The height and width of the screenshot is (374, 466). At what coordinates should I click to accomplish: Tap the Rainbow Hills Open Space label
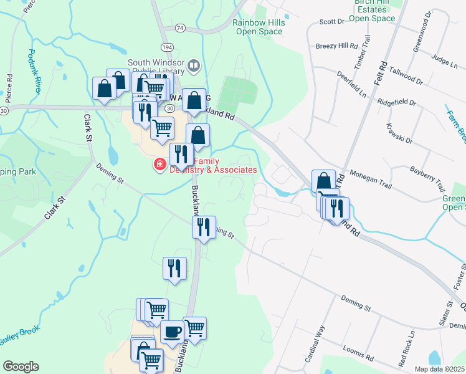click(257, 27)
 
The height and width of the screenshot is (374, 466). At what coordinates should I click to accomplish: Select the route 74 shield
click(179, 29)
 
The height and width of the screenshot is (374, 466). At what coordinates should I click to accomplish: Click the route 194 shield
click(166, 47)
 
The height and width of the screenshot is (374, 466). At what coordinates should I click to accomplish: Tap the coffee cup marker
click(173, 332)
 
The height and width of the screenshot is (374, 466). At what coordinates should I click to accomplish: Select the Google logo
click(21, 367)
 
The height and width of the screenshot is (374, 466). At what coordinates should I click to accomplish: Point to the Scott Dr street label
click(331, 21)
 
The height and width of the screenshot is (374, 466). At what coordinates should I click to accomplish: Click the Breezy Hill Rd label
click(336, 46)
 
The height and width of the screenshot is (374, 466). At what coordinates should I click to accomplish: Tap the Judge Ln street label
click(444, 62)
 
